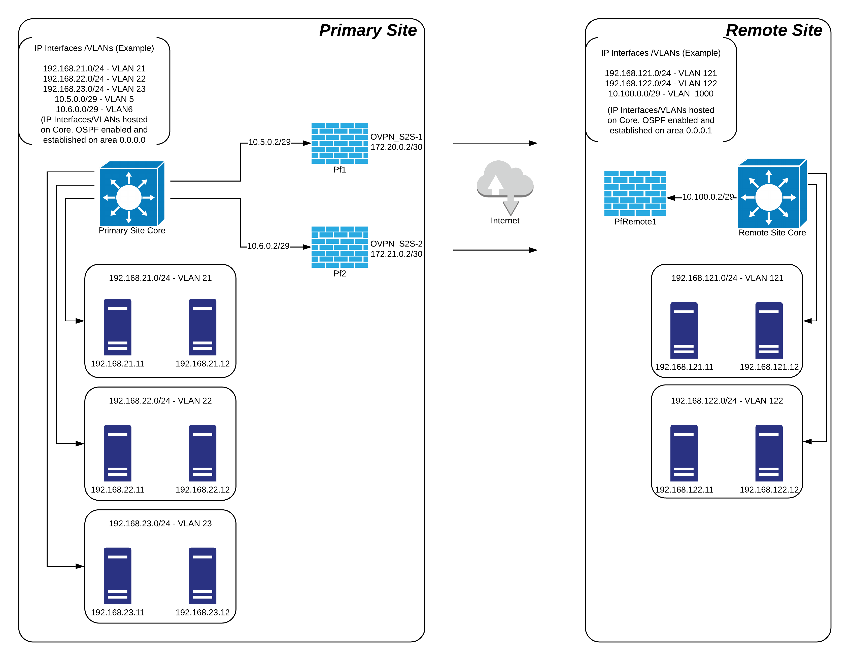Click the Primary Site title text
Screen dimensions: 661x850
(367, 30)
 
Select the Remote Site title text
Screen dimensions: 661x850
(774, 30)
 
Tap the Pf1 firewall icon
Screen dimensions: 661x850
(339, 143)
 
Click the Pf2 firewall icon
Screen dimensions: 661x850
(339, 247)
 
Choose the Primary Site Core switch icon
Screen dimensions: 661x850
(131, 193)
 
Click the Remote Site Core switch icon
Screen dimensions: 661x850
(772, 193)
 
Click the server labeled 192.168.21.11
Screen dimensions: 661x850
(118, 327)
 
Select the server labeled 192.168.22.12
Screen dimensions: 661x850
(202, 453)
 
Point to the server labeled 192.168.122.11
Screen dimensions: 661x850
(684, 453)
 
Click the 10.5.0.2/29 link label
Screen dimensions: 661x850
(269, 142)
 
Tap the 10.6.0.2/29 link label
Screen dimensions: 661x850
(268, 246)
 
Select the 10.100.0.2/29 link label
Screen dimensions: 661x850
(708, 197)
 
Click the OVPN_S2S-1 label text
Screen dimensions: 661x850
(396, 137)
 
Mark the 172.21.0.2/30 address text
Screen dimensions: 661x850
(396, 254)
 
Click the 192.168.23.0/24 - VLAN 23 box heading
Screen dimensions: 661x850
(160, 523)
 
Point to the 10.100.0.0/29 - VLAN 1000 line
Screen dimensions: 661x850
(660, 94)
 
